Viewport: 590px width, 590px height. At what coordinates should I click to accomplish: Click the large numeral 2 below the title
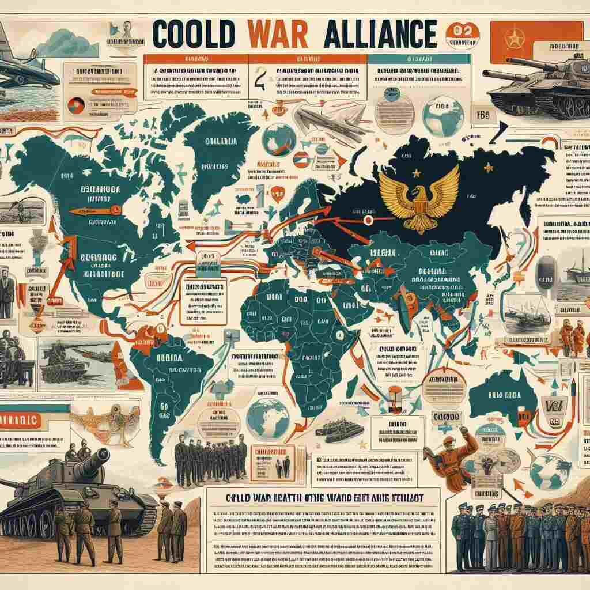point(260,77)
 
